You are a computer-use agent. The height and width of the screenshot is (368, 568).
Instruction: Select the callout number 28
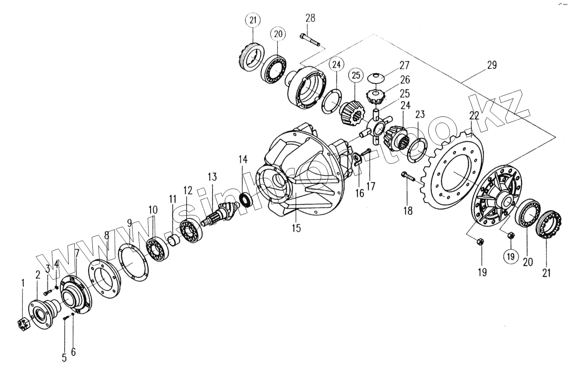point(310,18)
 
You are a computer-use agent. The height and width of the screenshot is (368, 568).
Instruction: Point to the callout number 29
point(492,65)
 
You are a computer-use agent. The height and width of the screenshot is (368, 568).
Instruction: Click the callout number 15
point(296,228)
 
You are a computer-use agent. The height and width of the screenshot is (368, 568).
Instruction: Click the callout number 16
point(359,193)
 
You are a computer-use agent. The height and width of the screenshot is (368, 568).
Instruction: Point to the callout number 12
point(187,190)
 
